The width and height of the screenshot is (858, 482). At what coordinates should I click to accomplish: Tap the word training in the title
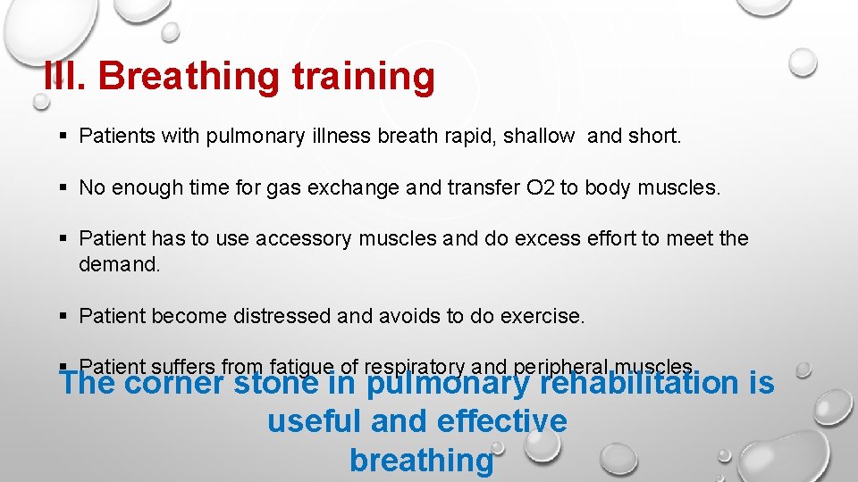click(x=363, y=77)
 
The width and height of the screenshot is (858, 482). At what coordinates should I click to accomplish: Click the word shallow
click(x=539, y=137)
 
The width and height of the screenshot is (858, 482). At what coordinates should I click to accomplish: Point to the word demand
click(x=119, y=264)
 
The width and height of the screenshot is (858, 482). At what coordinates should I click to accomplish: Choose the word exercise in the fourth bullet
click(x=547, y=316)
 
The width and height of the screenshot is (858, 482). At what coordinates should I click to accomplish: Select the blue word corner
click(x=174, y=384)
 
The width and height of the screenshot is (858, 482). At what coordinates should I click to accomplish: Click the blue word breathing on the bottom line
click(x=421, y=460)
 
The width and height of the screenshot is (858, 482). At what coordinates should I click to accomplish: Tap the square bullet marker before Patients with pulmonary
click(x=62, y=137)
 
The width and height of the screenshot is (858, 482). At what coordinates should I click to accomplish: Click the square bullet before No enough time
click(x=62, y=188)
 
